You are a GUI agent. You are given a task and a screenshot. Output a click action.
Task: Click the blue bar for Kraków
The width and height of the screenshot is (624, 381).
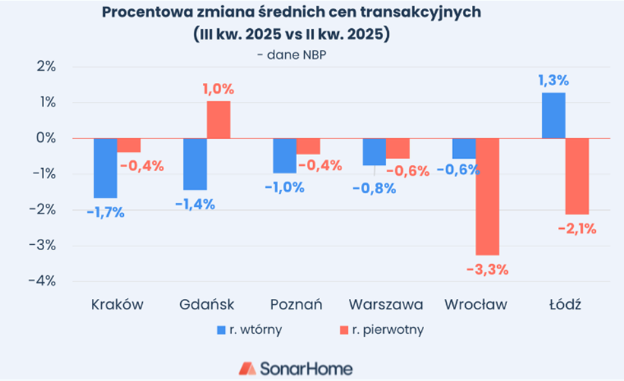tap(106, 168)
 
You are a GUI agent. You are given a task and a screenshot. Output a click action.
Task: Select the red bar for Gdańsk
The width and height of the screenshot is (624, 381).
tap(219, 119)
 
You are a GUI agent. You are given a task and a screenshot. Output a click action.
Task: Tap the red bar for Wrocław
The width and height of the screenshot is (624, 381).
tap(487, 196)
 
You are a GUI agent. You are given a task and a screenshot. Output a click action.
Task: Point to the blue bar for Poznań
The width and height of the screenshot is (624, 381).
tap(284, 156)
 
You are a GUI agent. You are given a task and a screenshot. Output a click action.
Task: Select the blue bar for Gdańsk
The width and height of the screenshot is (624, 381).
tap(195, 164)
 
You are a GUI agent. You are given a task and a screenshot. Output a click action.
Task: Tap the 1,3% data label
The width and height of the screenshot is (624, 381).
tap(554, 81)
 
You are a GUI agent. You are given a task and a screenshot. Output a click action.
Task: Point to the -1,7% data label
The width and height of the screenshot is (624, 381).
tap(105, 212)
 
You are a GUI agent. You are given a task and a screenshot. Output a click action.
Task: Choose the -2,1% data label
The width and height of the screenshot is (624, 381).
tap(578, 227)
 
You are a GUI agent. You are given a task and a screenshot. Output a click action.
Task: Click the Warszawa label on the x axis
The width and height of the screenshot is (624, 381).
tap(386, 304)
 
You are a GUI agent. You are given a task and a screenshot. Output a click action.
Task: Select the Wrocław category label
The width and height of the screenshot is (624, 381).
tap(475, 304)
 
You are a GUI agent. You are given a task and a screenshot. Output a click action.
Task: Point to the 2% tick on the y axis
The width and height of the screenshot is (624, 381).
tap(46, 66)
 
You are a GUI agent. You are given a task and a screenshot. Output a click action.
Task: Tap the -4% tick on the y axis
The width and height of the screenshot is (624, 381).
tap(44, 281)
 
